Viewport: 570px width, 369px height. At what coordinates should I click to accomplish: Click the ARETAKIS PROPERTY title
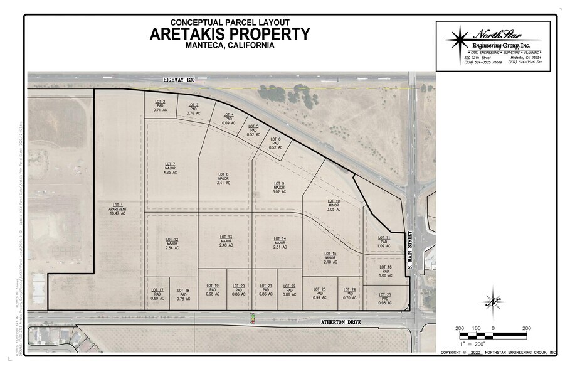coord(230,34)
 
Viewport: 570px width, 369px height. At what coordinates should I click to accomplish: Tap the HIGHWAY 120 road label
coord(179,80)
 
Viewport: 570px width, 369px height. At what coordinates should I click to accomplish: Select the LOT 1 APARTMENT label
coord(118,209)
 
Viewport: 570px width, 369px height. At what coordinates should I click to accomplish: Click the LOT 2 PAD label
coord(160,106)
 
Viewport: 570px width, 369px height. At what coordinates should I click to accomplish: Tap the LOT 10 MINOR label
coord(334,205)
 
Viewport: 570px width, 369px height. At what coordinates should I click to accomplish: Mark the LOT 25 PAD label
coord(385,299)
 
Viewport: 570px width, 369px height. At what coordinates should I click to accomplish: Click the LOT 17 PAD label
coord(157,294)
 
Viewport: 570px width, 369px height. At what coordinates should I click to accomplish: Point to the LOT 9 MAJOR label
coord(279,187)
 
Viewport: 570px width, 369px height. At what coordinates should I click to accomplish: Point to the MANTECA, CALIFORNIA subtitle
coord(230,45)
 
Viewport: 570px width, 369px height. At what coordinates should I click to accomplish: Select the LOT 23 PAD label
coord(319,293)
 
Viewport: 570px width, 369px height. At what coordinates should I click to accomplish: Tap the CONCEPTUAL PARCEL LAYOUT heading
coord(230,21)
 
